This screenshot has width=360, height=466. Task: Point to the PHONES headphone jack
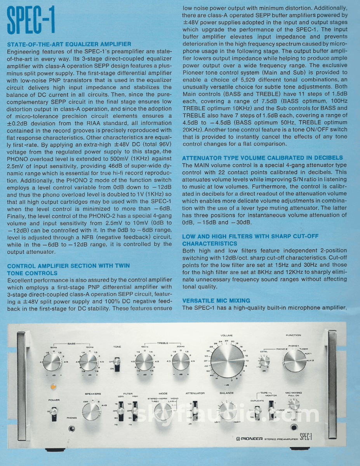(x=71, y=429)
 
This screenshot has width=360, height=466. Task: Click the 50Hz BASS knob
(x=51, y=363)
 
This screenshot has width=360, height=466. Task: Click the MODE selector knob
(x=163, y=411)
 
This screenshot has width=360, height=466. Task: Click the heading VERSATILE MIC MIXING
(x=216, y=301)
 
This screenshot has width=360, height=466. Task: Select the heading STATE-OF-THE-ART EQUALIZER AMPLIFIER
(x=69, y=44)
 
